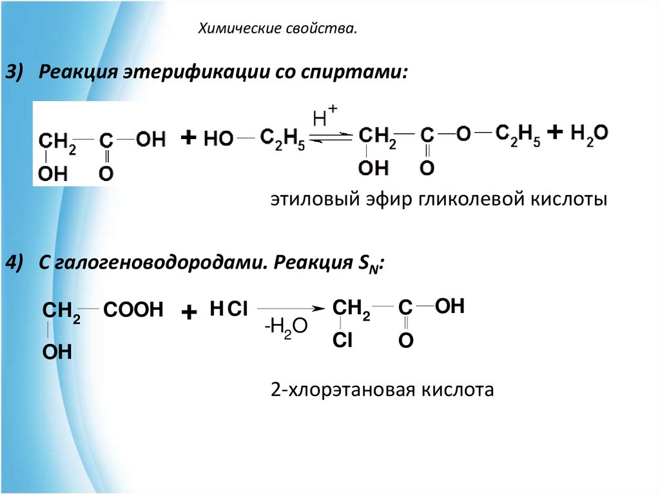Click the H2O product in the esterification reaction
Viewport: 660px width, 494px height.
point(588,134)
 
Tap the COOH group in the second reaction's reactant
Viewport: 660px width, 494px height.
point(133,310)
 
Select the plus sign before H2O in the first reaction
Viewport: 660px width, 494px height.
point(554,133)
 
